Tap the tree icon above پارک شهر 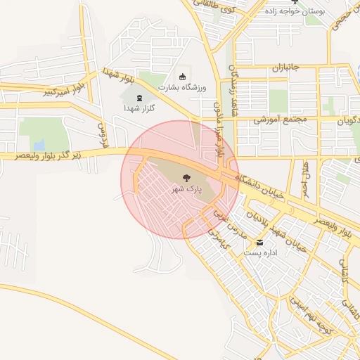pyautogui.click(x=186, y=179)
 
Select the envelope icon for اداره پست pyautogui.click(x=260, y=242)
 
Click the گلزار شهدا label pyautogui.click(x=139, y=108)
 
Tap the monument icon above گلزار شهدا pyautogui.click(x=136, y=97)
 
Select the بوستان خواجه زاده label pyautogui.click(x=295, y=11)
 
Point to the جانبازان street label pyautogui.click(x=286, y=67)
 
